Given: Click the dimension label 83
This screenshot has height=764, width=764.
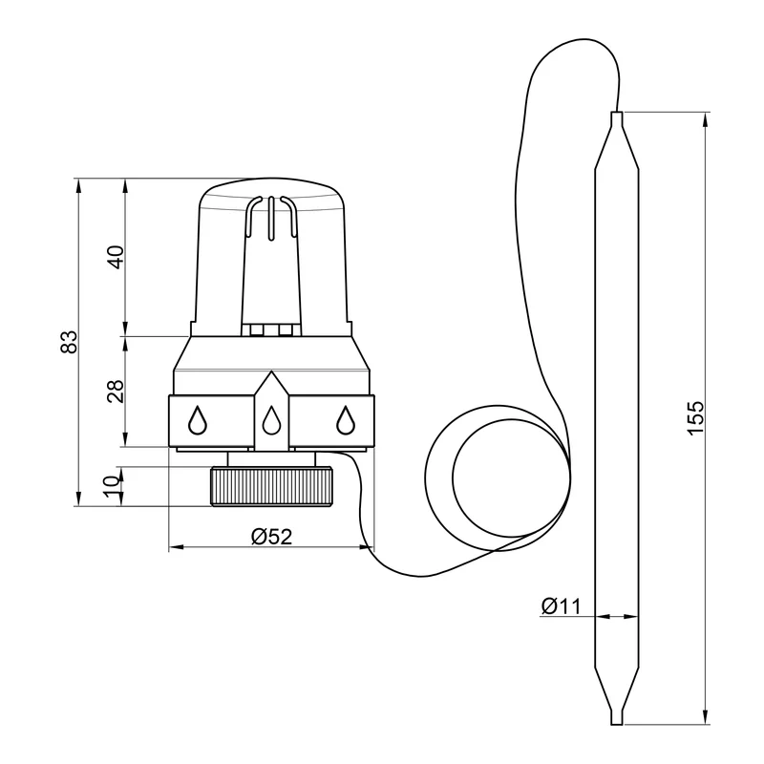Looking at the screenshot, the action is [x=69, y=342].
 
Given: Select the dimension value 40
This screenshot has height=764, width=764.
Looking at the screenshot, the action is [x=116, y=257].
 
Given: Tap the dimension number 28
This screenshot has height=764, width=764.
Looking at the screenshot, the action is [x=116, y=391].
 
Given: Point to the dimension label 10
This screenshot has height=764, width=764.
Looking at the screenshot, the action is [x=112, y=486].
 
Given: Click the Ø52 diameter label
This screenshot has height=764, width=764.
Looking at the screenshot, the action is [x=271, y=537].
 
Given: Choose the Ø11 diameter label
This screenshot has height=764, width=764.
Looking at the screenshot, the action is [x=561, y=606].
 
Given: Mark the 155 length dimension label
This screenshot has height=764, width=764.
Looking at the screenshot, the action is [x=695, y=417].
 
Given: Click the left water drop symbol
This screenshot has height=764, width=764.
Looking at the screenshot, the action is [x=198, y=419].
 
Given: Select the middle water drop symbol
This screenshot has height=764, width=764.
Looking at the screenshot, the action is [x=271, y=419].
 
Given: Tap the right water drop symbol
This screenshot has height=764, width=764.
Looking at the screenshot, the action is [x=346, y=419].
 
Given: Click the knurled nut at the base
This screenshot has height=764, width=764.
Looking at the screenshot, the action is [x=272, y=486].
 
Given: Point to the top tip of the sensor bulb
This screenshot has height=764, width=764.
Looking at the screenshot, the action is [x=617, y=113].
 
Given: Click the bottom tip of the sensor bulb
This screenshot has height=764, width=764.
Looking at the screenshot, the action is [x=617, y=724].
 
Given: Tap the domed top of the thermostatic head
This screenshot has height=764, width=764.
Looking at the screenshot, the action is [x=272, y=187].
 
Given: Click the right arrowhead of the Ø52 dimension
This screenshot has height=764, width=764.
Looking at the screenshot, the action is [x=368, y=547].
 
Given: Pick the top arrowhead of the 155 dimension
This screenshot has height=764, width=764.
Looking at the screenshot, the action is [x=704, y=120].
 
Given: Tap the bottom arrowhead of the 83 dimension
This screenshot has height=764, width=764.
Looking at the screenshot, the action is [x=78, y=499].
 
